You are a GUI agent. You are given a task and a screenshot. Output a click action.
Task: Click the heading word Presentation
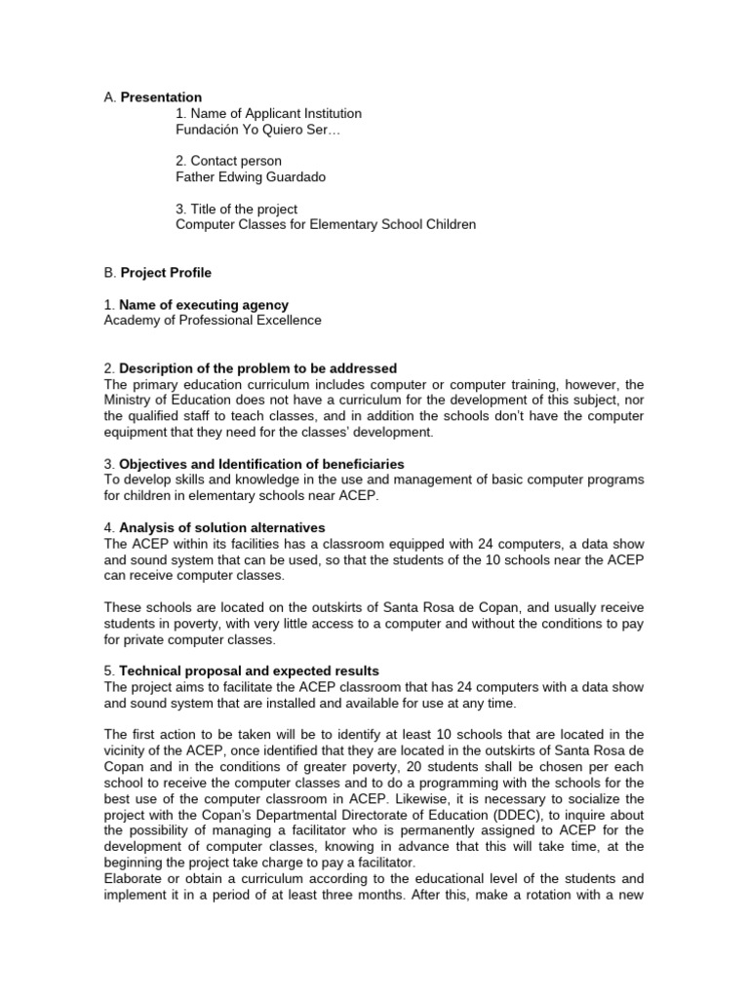click(161, 97)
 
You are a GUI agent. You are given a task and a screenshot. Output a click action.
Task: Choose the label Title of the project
click(242, 209)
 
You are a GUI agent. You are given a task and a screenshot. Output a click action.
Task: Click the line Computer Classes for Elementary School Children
click(326, 225)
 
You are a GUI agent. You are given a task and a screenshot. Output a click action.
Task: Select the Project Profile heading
click(166, 273)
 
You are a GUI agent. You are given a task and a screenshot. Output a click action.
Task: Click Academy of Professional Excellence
click(213, 321)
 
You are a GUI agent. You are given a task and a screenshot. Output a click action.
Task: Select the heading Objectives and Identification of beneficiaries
click(261, 464)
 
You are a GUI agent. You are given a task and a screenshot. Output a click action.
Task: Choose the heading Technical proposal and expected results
click(249, 672)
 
